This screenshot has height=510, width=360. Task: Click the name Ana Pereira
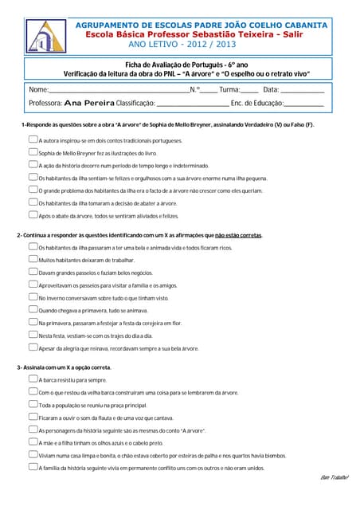click(x=89, y=104)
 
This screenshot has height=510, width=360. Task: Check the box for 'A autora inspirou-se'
click(x=33, y=139)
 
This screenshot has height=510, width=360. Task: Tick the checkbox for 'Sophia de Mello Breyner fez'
click(x=33, y=151)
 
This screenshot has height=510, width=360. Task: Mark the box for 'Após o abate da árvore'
click(x=33, y=215)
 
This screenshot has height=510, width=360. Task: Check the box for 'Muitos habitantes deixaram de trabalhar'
click(x=33, y=259)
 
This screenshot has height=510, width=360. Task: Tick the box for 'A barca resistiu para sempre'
click(x=33, y=379)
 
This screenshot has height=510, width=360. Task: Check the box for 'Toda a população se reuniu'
click(x=33, y=404)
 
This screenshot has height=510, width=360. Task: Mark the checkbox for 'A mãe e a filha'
click(x=33, y=442)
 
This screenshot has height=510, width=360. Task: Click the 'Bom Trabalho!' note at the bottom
click(x=335, y=479)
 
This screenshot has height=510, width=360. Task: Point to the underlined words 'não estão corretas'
click(x=238, y=235)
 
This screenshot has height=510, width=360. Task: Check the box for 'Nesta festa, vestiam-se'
click(x=33, y=335)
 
